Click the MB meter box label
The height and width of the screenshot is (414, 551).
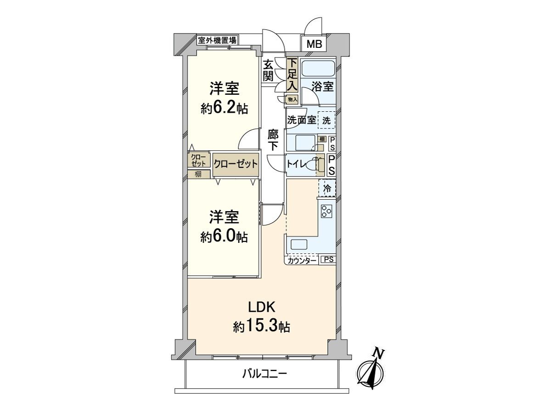(x=315, y=45)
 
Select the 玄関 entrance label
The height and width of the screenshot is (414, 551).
(x=268, y=70)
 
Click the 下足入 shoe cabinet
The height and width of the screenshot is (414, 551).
(x=292, y=75)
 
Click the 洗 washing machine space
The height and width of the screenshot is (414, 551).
(x=326, y=121)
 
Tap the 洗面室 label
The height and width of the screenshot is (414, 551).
(x=301, y=121)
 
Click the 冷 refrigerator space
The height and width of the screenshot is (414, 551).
(x=327, y=188)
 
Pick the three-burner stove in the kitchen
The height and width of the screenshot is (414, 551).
(x=327, y=211)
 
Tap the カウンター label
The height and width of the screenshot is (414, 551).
(x=302, y=261)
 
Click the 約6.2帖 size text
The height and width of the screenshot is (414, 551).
(x=224, y=109)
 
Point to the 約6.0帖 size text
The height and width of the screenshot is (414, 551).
(x=224, y=236)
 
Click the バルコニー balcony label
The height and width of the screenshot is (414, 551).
(x=264, y=374)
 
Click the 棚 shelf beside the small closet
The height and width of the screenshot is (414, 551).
(x=198, y=174)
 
